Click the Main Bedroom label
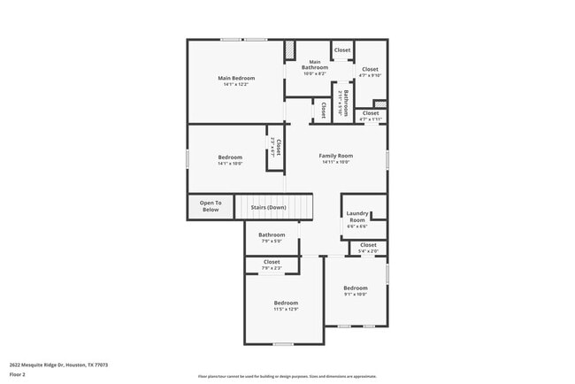pyautogui.click(x=236, y=78)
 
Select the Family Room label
pyautogui.click(x=335, y=156)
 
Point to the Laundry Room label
pyautogui.click(x=356, y=216)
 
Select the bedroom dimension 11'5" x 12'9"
pyautogui.click(x=286, y=310)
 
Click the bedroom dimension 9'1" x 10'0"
pyautogui.click(x=356, y=295)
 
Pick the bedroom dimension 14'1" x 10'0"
pyautogui.click(x=230, y=164)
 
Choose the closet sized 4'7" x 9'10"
pyautogui.click(x=370, y=75)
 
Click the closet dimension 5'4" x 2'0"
pyautogui.click(x=368, y=251)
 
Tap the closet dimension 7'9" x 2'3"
pyautogui.click(x=272, y=268)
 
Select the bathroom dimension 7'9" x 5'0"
pyautogui.click(x=272, y=242)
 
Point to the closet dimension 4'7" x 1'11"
pyautogui.click(x=371, y=119)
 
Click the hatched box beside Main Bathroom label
pyautogui.click(x=288, y=50)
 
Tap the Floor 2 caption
pyautogui.click(x=18, y=374)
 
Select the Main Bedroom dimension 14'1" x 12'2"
pyautogui.click(x=236, y=85)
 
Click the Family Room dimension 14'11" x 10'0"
pyautogui.click(x=335, y=163)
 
